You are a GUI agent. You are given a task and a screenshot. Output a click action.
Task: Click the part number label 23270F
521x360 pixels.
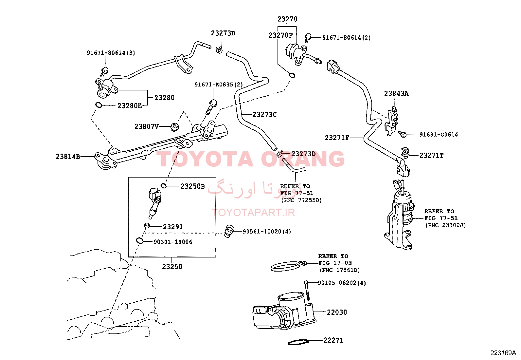coord(280,35)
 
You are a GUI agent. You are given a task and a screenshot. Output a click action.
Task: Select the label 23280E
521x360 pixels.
coord(130,106)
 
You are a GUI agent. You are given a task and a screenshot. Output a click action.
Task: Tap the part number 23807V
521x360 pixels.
coord(147,127)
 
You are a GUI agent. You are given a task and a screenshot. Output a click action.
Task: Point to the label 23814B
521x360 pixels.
coord(68,157)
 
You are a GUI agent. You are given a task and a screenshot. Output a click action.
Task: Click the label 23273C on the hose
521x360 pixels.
coord(265,115)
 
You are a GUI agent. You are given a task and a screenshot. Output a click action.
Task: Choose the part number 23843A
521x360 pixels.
coord(396,94)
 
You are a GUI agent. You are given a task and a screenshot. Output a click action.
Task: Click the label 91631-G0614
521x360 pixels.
coord(439,135)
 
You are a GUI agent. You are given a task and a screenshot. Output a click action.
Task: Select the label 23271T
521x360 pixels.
coord(431,155)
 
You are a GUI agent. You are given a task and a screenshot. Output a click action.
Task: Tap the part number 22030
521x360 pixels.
coord(337,312)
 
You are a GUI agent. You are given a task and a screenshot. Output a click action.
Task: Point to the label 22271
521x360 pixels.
coord(333,340)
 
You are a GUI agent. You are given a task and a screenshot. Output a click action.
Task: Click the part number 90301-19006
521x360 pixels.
coord(173,242)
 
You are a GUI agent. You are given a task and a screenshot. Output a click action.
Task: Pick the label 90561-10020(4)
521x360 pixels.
coord(267,232)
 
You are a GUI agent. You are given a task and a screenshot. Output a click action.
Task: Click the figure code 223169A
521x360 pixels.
coord(503,353)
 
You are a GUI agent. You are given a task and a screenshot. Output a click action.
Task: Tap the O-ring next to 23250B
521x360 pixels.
coord(164,186)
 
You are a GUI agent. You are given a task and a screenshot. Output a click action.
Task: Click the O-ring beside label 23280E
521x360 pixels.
coord(99,105)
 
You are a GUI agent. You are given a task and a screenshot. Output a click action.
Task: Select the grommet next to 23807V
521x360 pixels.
coord(174,127)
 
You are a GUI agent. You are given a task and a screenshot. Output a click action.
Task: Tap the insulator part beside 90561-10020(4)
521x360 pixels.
coord(229,231)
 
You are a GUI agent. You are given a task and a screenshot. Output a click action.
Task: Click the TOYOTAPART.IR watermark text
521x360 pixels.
coord(253,212)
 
